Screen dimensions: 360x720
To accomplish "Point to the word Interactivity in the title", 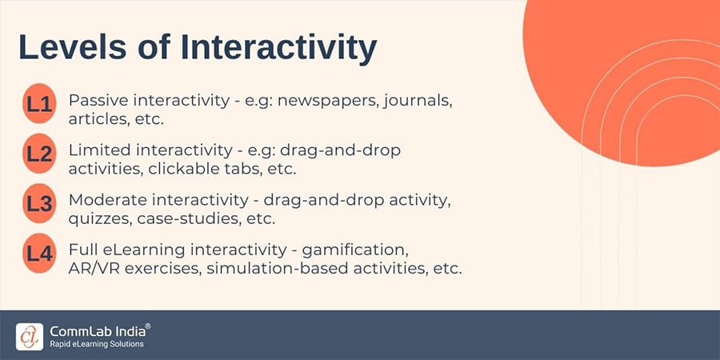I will [278, 49].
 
